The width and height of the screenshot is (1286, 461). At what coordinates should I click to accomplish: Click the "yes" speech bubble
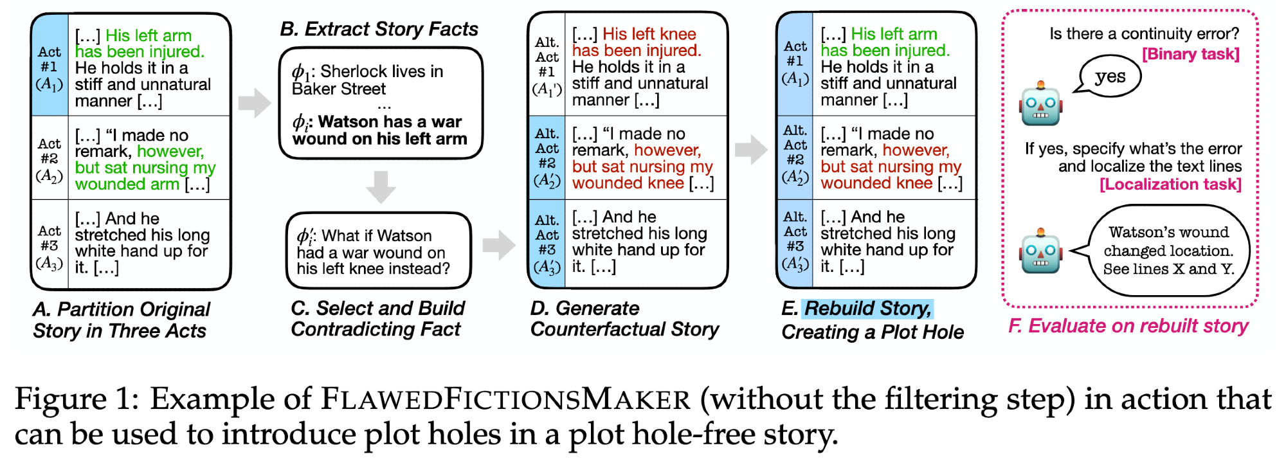tap(1110, 77)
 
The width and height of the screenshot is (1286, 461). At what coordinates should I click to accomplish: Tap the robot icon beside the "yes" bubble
tap(1040, 104)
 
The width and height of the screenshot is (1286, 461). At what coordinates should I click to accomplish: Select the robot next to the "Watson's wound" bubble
tap(1040, 252)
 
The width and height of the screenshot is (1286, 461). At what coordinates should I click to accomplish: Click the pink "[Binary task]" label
tap(1190, 54)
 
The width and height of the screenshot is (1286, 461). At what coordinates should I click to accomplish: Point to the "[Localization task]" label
tap(1170, 185)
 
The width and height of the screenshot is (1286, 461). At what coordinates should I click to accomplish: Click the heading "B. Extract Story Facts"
tap(379, 29)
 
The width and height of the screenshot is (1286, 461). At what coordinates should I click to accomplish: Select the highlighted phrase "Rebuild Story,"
tap(867, 309)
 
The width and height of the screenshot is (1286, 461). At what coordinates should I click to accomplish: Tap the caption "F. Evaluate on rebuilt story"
tap(1128, 326)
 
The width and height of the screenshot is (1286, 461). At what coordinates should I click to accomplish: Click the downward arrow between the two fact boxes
tap(381, 186)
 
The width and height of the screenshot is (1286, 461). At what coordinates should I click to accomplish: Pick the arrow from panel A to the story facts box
tap(255, 103)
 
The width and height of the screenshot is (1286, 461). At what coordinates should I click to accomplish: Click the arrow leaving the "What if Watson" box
tap(498, 244)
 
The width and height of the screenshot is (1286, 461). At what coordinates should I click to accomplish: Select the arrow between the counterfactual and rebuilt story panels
tap(751, 150)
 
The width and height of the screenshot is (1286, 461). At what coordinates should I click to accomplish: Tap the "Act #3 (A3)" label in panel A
tap(50, 246)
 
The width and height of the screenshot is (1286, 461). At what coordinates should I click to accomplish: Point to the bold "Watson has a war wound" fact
tap(379, 130)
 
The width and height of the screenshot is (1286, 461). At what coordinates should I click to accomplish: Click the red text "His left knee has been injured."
tap(636, 42)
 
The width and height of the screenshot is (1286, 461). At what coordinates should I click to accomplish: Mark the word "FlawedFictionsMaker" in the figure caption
tap(505, 399)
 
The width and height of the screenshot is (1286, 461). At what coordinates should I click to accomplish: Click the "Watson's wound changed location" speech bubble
tap(1168, 251)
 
